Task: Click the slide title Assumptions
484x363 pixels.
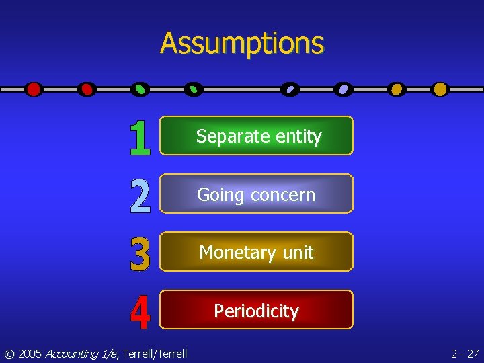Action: click(242, 43)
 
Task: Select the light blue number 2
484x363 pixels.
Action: click(140, 195)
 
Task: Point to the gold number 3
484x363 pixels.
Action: click(140, 253)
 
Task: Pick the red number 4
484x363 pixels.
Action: click(140, 312)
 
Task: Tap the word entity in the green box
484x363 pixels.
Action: click(297, 136)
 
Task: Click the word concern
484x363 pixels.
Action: click(282, 195)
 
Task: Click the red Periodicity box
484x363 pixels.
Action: click(256, 311)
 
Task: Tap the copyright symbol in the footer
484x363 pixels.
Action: click(9, 353)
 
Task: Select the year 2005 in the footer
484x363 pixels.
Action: click(30, 353)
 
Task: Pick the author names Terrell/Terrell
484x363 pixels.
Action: click(155, 353)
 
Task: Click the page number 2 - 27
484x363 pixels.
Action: click(465, 353)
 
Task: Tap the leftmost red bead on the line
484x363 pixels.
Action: click(34, 89)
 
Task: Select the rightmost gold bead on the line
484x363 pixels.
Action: click(440, 89)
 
